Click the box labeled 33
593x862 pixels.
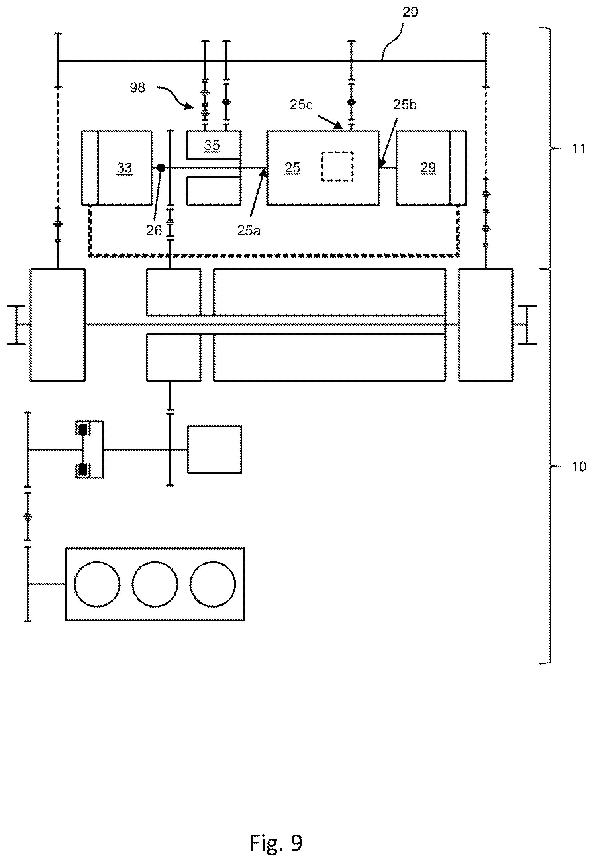(117, 168)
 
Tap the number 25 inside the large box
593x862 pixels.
(292, 168)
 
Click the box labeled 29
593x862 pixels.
(431, 168)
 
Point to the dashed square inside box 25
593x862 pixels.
(337, 166)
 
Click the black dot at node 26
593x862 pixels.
(161, 168)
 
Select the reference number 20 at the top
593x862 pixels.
(410, 12)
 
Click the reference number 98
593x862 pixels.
(137, 88)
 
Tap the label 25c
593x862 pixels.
(301, 105)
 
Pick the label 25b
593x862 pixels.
(405, 105)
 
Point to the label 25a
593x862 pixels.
(249, 231)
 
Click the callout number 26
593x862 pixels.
(154, 231)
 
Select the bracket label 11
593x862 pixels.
(578, 149)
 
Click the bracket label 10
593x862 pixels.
(578, 466)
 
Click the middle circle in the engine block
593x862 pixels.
(155, 584)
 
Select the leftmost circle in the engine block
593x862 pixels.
(97, 584)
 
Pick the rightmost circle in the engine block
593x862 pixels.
(213, 584)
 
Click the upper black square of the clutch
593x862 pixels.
(83, 430)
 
